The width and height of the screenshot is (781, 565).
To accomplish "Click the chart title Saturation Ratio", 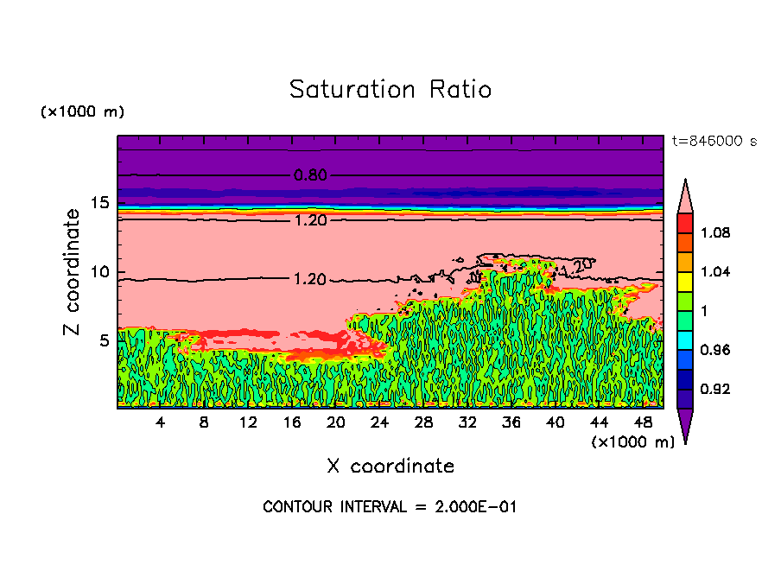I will (x=390, y=90).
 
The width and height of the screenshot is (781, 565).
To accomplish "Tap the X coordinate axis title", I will (x=390, y=467).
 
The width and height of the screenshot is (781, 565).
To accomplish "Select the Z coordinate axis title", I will (x=73, y=272).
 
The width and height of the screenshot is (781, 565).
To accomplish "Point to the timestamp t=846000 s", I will (x=714, y=142).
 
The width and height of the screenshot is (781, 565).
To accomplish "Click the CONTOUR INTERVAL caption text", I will (x=390, y=506).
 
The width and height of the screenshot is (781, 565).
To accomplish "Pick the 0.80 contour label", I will (x=310, y=175).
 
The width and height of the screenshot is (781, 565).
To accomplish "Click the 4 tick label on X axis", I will (x=161, y=422).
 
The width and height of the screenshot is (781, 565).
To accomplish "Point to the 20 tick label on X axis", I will (x=336, y=422).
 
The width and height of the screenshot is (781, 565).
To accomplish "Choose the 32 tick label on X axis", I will (x=467, y=422).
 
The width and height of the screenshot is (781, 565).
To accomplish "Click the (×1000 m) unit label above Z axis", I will (x=83, y=112).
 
